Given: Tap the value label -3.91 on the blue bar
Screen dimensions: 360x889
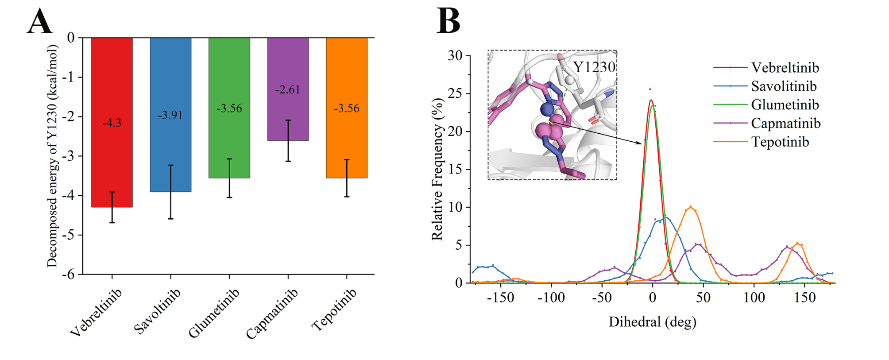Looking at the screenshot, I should click(170, 116).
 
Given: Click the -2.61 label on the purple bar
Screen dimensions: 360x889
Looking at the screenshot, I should click(288, 90).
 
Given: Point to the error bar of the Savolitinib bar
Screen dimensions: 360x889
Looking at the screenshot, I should click(170, 192).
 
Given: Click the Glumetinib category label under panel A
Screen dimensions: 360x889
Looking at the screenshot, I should click(214, 312).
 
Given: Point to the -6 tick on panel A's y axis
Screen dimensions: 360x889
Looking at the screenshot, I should click(69, 275).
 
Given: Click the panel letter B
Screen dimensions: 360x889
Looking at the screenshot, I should click(448, 21).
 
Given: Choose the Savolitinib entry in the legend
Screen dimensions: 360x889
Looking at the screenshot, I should click(783, 86).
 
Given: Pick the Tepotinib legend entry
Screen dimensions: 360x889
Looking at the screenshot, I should click(780, 142).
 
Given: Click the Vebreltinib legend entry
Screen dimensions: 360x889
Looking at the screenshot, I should click(785, 68).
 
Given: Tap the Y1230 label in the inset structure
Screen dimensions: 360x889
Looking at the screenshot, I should click(594, 67).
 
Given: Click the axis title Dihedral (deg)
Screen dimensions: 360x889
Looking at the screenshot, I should click(652, 322).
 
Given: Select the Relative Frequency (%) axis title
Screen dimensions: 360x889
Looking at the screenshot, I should click(437, 170).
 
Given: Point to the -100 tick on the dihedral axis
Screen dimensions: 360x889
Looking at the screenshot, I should click(551, 298).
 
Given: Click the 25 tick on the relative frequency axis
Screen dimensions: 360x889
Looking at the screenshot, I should click(455, 93).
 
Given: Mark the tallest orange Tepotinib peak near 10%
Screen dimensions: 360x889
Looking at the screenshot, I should click(691, 207).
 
